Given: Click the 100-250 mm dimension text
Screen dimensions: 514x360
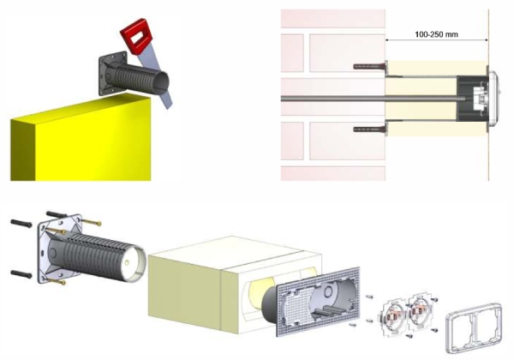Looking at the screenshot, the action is (436, 34).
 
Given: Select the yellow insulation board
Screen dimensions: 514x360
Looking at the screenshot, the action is (81, 138).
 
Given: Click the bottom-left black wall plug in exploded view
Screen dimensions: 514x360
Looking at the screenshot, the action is (21, 274).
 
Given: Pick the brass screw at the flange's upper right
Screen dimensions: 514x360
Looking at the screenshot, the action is (91, 223).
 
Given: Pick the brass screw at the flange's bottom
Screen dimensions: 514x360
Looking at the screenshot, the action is (57, 281).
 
